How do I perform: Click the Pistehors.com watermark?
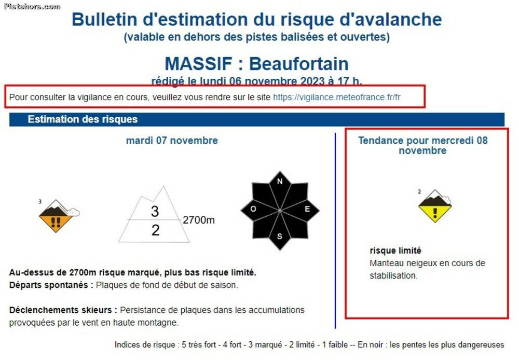coord(32,6)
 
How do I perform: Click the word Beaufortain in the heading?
coord(299,63)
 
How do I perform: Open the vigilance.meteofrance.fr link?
coord(337,98)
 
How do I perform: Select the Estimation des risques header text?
coord(83,119)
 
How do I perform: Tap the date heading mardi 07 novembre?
coord(172,140)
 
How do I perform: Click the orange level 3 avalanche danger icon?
coord(58,216)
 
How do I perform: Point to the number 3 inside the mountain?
coord(155,212)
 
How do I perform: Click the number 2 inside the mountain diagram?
coord(155,230)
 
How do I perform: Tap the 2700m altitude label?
coord(199,220)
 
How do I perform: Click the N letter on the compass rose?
coord(280,182)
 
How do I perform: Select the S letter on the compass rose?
coord(280,236)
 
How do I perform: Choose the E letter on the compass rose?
coord(307,209)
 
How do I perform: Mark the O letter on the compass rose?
coord(253,209)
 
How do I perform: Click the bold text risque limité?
coord(395,251)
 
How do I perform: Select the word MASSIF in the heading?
coord(198,63)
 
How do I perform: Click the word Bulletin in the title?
coord(105,19)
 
